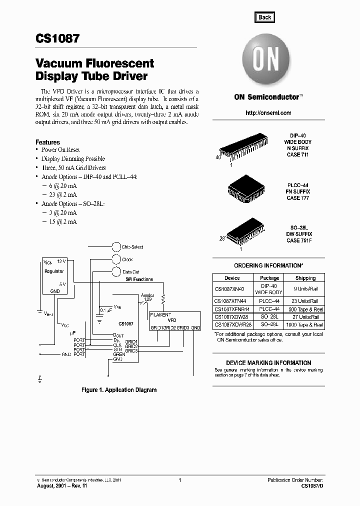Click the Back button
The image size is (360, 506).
pyautogui.click(x=264, y=17)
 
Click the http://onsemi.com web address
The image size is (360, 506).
pyautogui.click(x=268, y=113)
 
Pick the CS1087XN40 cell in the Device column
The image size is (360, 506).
pyautogui.click(x=232, y=289)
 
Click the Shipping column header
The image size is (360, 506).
pyautogui.click(x=305, y=278)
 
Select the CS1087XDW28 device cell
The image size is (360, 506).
pyautogui.click(x=232, y=317)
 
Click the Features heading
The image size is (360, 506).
pyautogui.click(x=47, y=142)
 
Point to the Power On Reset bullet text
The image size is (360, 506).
pyautogui.click(x=60, y=150)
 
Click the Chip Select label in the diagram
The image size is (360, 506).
pyautogui.click(x=133, y=247)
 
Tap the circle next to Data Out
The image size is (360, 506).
pyautogui.click(x=115, y=272)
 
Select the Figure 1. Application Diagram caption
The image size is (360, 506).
pyautogui.click(x=119, y=390)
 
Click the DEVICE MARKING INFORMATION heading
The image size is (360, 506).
pyautogui.click(x=268, y=363)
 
